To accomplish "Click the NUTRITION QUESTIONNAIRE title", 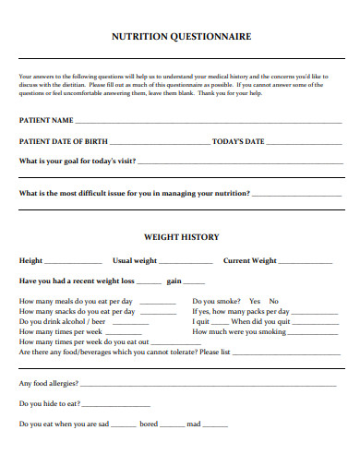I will (x=180, y=37).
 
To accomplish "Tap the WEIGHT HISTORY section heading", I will (x=181, y=237).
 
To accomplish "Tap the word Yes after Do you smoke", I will (x=255, y=301).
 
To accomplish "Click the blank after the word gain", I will (x=194, y=282).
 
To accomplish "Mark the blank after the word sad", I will (x=124, y=426).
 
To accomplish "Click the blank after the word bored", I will (x=172, y=426).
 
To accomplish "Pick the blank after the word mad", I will (x=215, y=426).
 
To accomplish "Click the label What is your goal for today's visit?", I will (x=78, y=161).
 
